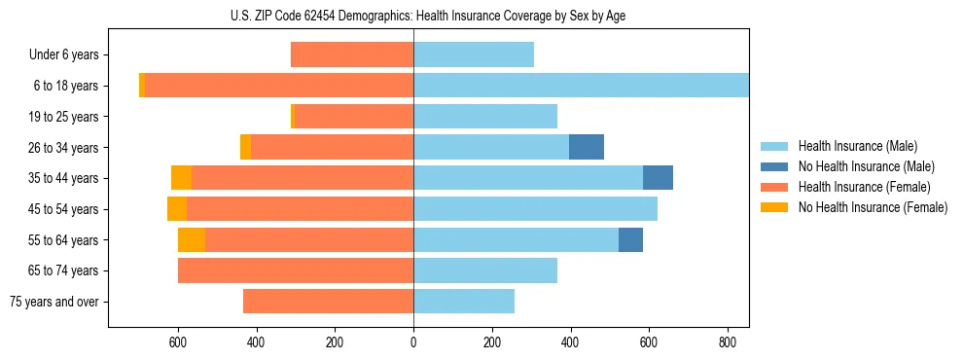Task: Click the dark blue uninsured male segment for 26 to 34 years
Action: click(x=587, y=147)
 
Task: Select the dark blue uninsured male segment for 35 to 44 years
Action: click(x=658, y=178)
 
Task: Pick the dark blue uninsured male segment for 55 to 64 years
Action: click(x=630, y=239)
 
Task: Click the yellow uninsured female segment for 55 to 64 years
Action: click(x=192, y=239)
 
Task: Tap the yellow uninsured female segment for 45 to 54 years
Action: click(x=177, y=209)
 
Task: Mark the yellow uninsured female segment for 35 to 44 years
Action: click(x=181, y=178)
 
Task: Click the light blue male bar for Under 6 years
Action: click(x=474, y=55)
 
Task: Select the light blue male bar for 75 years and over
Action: click(x=464, y=302)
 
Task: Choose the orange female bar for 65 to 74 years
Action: click(x=296, y=270)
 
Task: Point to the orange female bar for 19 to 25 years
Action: click(x=354, y=117)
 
